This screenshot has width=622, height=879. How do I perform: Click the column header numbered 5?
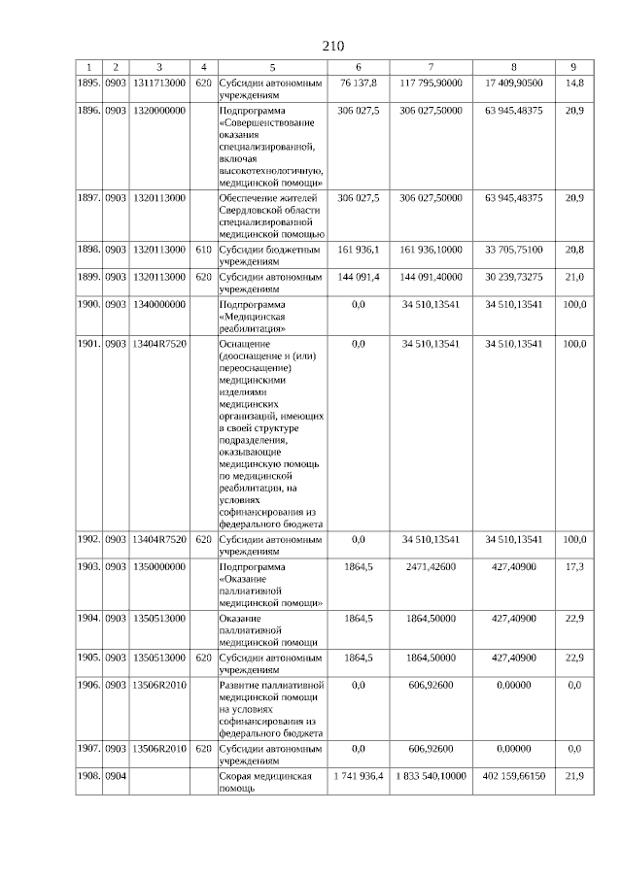pyautogui.click(x=272, y=67)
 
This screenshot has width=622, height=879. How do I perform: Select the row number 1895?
pyautogui.click(x=89, y=84)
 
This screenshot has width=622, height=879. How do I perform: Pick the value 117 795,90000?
pyautogui.click(x=431, y=84)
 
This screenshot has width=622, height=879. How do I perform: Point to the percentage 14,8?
pyautogui.click(x=573, y=84)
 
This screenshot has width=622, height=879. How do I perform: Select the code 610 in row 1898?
pyautogui.click(x=203, y=250)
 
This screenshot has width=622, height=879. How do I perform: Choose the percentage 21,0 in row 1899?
pyautogui.click(x=573, y=277)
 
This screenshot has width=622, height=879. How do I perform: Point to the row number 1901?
pyautogui.click(x=89, y=344)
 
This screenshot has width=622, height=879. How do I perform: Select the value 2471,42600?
pyautogui.click(x=431, y=566)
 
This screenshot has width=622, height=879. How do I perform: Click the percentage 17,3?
pyautogui.click(x=573, y=566)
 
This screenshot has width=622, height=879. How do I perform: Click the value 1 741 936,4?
pyautogui.click(x=358, y=776)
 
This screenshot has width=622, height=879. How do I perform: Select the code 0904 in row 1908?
pyautogui.click(x=116, y=776)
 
